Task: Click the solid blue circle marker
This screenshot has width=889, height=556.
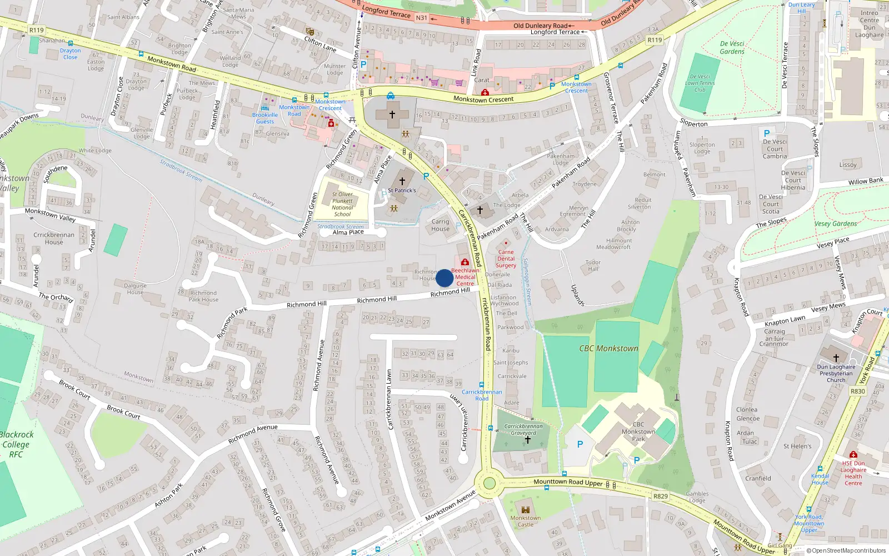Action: tap(444, 278)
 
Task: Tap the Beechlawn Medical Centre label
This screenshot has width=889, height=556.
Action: tap(466, 277)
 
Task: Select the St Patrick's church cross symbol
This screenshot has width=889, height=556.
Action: tap(402, 181)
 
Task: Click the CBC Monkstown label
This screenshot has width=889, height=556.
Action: tap(608, 349)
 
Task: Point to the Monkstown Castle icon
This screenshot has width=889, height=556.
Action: tap(526, 509)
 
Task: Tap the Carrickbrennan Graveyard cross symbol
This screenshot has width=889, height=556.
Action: tap(527, 440)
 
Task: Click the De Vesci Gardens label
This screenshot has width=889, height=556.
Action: tap(732, 47)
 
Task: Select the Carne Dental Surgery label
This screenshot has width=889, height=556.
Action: tap(506, 259)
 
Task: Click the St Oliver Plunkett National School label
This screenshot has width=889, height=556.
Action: tap(342, 204)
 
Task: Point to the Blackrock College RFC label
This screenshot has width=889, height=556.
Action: tap(17, 444)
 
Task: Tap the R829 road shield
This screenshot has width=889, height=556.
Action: tap(660, 496)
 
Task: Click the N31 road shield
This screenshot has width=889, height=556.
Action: tap(422, 18)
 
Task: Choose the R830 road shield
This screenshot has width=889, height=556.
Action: tap(857, 391)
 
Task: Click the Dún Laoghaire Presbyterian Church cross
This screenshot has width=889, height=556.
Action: tap(836, 358)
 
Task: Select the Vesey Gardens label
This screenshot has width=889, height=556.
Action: tap(835, 224)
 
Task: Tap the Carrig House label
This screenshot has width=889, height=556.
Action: tap(440, 225)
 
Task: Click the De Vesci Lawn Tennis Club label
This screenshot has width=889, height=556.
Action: tap(700, 83)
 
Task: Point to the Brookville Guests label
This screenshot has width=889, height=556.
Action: tap(265, 118)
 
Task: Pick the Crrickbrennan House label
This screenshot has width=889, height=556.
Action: tap(54, 238)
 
